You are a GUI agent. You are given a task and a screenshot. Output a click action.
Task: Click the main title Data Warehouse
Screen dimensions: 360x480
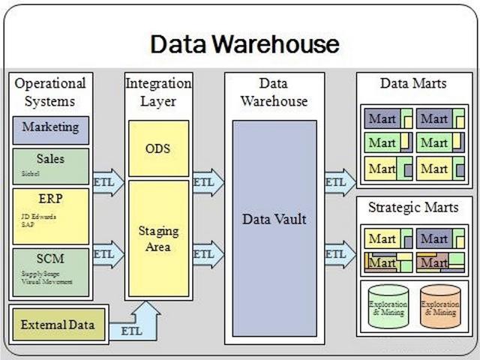click(244, 43)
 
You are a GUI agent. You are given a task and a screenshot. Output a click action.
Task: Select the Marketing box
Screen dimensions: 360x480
click(50, 128)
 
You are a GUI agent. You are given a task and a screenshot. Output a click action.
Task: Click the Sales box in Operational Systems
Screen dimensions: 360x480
click(50, 166)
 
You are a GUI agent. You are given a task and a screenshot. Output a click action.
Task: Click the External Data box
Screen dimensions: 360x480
click(58, 325)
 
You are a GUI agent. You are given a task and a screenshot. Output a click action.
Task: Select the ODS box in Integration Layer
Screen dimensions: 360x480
click(157, 148)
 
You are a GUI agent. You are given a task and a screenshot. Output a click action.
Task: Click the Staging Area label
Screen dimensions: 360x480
click(157, 238)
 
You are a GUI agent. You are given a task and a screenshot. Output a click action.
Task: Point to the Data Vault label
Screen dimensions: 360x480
click(274, 220)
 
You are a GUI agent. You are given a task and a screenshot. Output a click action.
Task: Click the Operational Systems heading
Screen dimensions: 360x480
click(50, 91)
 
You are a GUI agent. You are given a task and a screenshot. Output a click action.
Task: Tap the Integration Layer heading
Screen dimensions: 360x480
click(157, 91)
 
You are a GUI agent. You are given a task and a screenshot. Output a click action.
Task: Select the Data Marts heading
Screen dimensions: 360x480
click(412, 83)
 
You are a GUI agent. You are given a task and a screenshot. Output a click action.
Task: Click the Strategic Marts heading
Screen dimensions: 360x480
click(412, 206)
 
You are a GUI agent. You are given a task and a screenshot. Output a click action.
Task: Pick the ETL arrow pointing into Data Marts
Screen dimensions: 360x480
click(338, 181)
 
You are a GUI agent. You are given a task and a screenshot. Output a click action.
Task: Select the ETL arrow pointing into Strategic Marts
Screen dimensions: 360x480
click(338, 254)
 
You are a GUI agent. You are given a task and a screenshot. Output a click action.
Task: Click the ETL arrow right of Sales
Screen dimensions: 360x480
click(107, 181)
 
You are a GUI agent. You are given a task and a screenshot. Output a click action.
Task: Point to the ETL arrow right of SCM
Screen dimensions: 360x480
click(107, 254)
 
